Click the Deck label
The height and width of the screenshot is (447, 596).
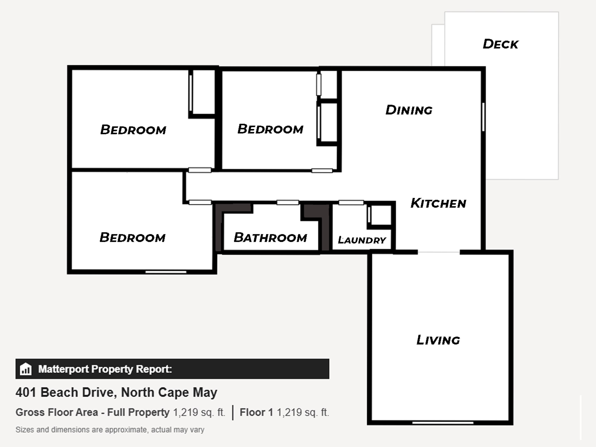(500, 44)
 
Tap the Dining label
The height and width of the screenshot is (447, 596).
(409, 110)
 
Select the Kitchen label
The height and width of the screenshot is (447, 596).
(438, 203)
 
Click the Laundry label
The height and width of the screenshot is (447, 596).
(362, 240)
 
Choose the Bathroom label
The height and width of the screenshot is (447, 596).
(270, 237)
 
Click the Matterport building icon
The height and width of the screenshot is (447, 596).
(26, 369)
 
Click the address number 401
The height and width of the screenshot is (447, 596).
(26, 392)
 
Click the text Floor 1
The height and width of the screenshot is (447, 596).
(256, 412)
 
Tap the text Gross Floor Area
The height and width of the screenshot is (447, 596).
(57, 412)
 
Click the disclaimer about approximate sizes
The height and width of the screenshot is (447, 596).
(110, 430)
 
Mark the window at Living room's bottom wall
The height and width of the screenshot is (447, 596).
(443, 423)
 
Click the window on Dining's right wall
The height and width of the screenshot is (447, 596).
(483, 117)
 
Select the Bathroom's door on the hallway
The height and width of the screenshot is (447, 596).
(288, 202)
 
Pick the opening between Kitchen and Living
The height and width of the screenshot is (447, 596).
(439, 252)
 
